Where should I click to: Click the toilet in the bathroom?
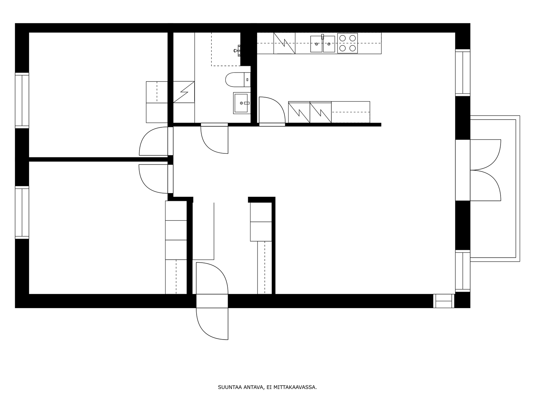tap(238, 80)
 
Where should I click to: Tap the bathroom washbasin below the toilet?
tap(241, 103)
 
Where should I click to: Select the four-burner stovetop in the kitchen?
tap(347, 43)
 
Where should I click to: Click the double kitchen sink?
tap(322, 44)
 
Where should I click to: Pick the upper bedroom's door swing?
tap(153, 141)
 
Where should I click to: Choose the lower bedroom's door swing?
tap(153, 179)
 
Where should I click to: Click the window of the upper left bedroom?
tap(22, 100)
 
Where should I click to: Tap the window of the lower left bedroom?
tap(22, 212)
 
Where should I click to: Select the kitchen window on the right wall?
tap(463, 73)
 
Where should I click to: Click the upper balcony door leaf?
tap(485, 155)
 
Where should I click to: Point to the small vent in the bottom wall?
tap(444, 301)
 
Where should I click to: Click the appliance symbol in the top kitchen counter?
tap(284, 43)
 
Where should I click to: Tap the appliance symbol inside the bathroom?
tap(184, 92)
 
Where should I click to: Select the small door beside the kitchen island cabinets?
tap(272, 111)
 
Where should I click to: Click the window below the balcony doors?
tap(463, 271)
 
